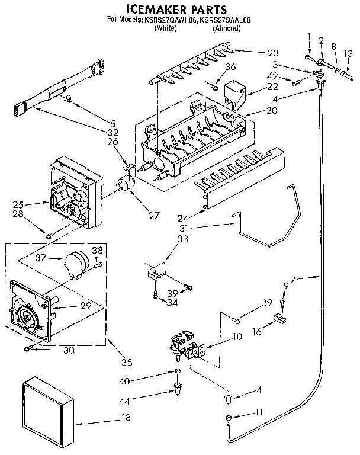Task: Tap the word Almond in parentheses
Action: point(226,28)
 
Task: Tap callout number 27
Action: point(155,216)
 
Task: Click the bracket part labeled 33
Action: point(155,270)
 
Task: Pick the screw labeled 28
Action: point(50,236)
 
